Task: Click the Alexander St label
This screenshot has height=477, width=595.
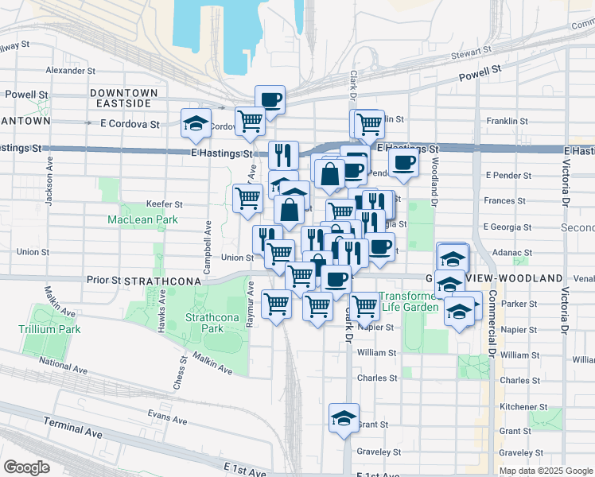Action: coord(71,70)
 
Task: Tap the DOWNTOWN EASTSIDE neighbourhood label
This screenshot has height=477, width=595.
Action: coord(123,99)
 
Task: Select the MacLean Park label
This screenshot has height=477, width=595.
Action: coord(132,219)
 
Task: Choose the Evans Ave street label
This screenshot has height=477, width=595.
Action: coord(167,414)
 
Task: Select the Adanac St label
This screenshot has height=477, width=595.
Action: coord(511,253)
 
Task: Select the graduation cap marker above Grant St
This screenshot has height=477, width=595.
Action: coord(344,418)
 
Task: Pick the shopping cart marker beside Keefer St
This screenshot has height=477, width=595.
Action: coord(248,197)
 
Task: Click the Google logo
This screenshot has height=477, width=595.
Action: coord(27,467)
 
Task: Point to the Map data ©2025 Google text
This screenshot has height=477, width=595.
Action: coord(546,471)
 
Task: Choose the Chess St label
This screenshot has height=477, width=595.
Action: coord(179,372)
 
